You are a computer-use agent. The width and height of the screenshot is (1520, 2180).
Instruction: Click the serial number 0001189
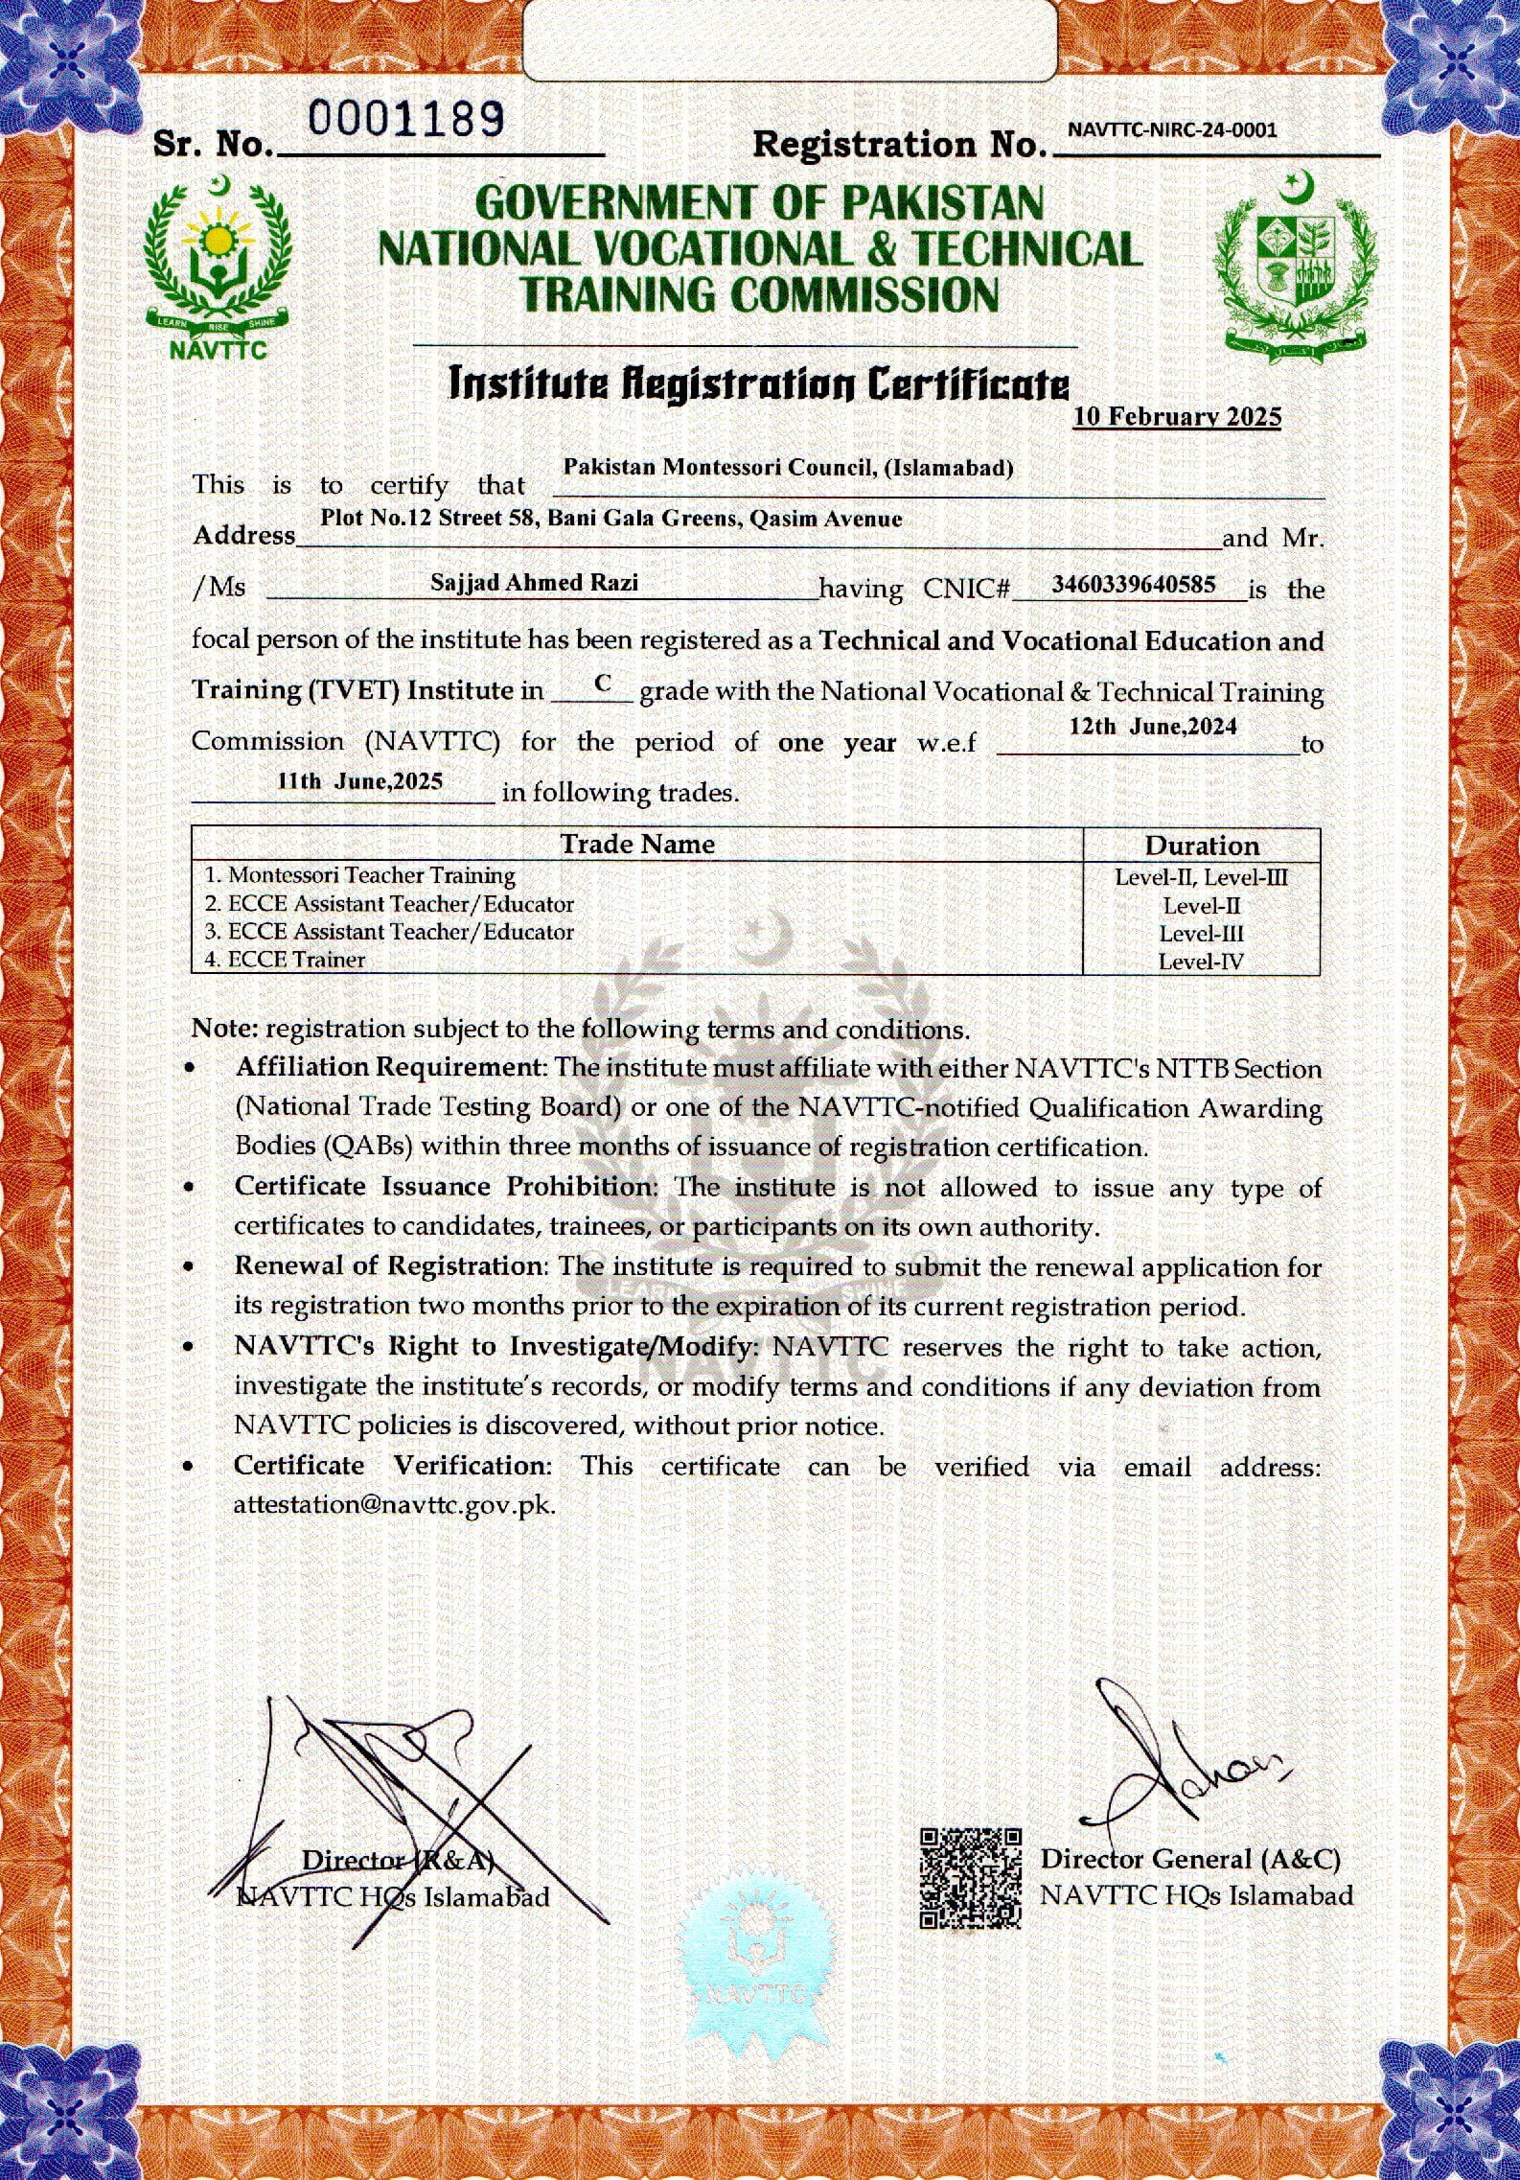point(407,120)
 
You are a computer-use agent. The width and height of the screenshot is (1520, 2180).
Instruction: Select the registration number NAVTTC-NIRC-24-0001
point(1171,130)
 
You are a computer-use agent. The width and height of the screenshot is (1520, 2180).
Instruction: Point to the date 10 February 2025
point(1177,416)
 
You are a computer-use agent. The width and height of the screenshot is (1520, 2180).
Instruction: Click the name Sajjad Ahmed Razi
point(535,582)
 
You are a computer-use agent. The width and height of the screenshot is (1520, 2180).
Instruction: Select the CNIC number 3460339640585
point(1134,583)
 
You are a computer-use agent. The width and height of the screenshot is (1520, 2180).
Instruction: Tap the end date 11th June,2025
point(359,780)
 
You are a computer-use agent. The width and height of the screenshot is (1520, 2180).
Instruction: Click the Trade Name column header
point(637,844)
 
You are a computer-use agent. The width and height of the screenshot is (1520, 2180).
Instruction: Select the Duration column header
point(1202,846)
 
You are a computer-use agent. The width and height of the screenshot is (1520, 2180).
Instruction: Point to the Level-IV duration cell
point(1201,962)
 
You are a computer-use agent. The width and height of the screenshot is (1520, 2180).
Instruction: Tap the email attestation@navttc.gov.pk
point(394,1504)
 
